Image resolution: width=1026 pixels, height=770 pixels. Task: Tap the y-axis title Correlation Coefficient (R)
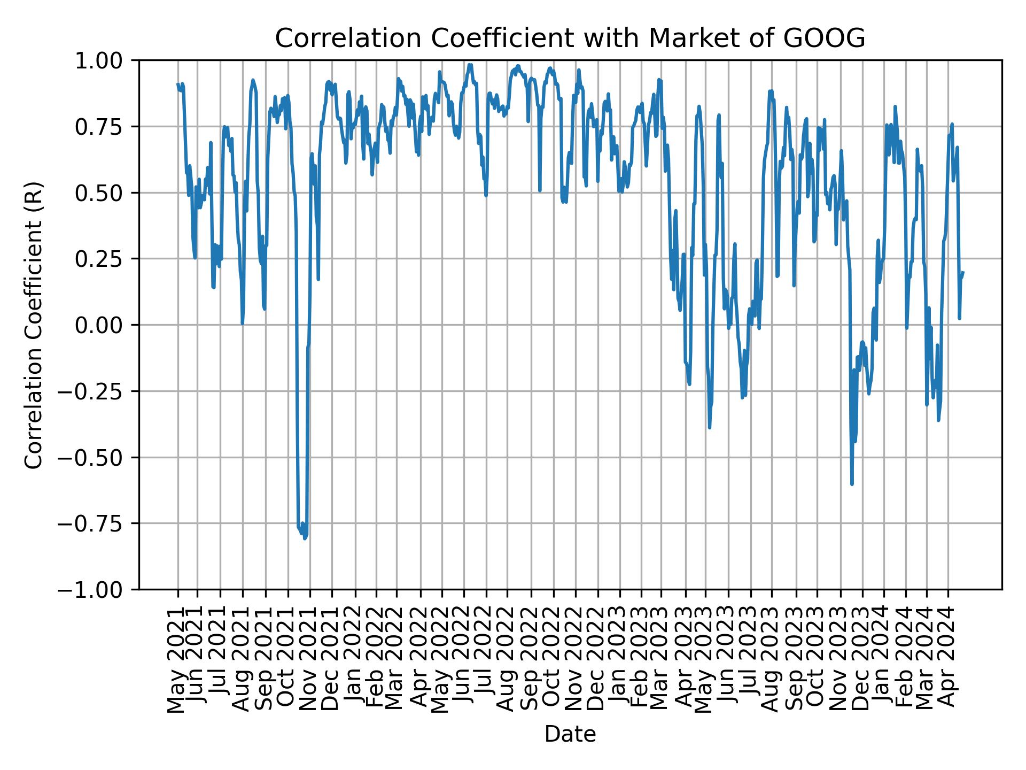pyautogui.click(x=34, y=325)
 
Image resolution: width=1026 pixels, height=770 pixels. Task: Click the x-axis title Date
pyautogui.click(x=570, y=734)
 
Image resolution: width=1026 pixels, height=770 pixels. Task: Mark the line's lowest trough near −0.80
pyautogui.click(x=305, y=538)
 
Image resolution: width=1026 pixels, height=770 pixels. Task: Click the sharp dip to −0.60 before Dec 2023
pyautogui.click(x=852, y=484)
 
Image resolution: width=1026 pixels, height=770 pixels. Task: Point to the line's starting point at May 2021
pyautogui.click(x=178, y=84)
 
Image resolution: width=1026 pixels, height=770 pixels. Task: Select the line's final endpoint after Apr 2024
pyautogui.click(x=963, y=272)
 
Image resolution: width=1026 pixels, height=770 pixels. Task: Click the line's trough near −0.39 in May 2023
pyautogui.click(x=710, y=427)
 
